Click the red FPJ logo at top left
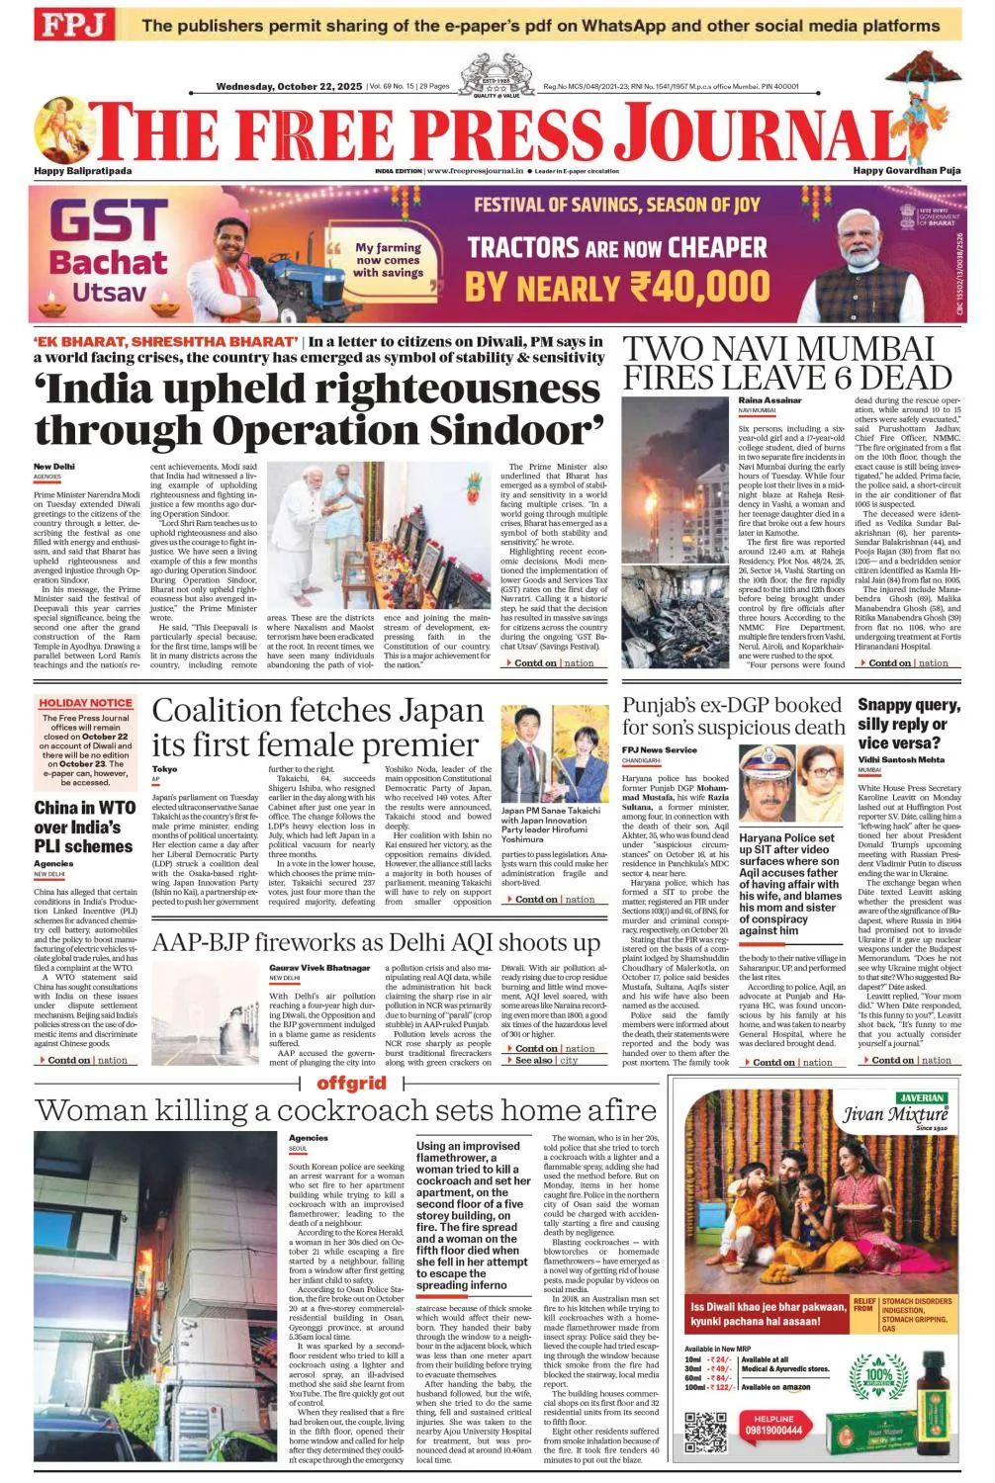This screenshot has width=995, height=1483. [74, 25]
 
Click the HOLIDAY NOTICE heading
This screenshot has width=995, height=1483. [85, 703]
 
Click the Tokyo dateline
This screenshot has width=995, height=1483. [164, 769]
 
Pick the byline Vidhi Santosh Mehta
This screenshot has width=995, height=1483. [901, 759]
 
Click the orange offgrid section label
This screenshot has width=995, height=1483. [351, 1084]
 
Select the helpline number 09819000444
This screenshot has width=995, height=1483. [773, 1430]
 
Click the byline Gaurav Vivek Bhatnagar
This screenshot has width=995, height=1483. [319, 968]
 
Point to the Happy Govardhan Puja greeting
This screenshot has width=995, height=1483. [906, 171]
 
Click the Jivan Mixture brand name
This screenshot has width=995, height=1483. [895, 1115]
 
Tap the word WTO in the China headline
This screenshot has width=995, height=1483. [118, 808]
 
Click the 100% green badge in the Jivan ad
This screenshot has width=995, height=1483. [878, 1375]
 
